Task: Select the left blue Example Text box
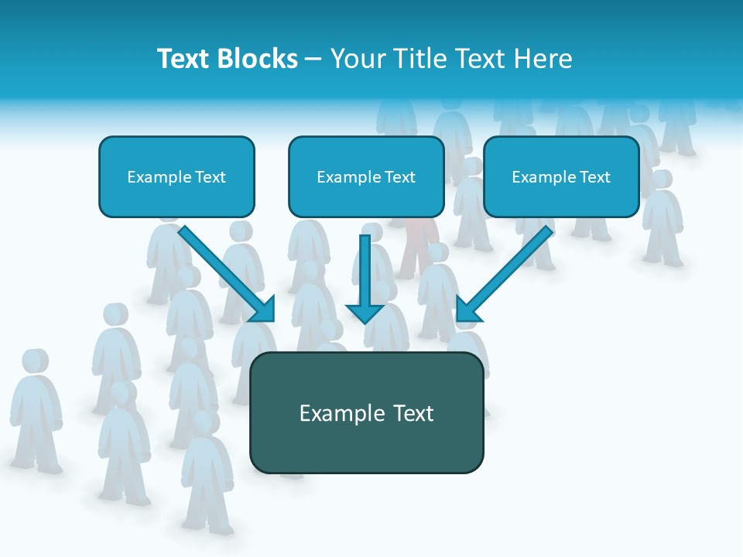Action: tap(176, 176)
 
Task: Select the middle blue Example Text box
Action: tap(366, 176)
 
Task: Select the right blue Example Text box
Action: tap(561, 176)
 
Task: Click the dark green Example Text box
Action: tap(366, 412)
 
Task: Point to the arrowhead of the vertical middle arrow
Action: tap(365, 313)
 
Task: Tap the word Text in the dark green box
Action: tap(413, 413)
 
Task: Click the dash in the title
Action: tap(313, 60)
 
